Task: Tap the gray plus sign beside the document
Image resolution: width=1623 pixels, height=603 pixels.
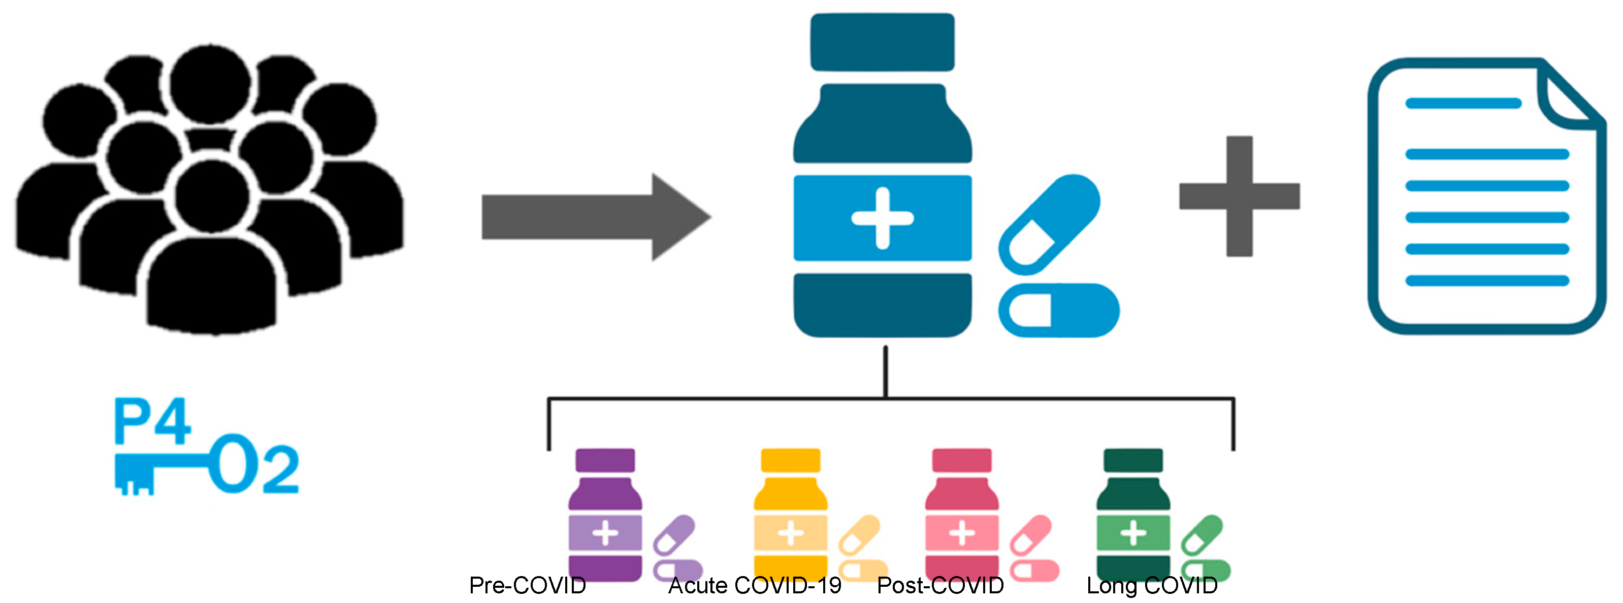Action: click(x=1239, y=196)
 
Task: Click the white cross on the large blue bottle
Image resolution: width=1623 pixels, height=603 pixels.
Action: click(x=882, y=218)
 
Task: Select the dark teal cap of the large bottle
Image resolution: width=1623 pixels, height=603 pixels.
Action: click(x=882, y=42)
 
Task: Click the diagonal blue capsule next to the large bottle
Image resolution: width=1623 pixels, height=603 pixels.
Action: click(x=1050, y=225)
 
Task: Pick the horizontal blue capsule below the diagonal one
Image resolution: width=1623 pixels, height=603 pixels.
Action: click(x=1058, y=310)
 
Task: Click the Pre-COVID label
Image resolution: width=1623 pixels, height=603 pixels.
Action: click(x=527, y=585)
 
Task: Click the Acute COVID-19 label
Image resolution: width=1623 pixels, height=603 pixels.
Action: click(x=755, y=585)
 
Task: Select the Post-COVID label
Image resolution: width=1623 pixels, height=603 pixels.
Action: click(x=940, y=585)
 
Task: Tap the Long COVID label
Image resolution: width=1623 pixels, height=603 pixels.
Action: click(x=1152, y=585)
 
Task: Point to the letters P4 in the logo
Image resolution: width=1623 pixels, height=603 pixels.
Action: click(x=152, y=422)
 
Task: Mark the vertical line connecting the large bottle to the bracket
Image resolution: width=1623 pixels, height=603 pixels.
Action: click(x=885, y=372)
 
